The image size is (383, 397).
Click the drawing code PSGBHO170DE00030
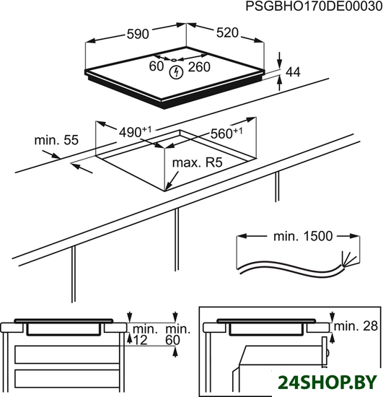coord(314,6)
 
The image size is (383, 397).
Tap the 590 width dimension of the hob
coord(138,34)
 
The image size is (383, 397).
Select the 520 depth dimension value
coord(227,32)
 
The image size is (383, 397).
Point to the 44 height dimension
coord(293,72)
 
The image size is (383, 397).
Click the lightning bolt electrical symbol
coord(176,72)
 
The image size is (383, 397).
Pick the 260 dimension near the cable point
coord(199,67)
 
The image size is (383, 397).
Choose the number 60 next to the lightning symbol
coord(157,66)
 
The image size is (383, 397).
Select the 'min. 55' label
coord(56,140)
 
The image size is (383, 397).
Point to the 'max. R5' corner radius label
coord(198,163)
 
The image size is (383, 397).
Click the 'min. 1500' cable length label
coord(303,236)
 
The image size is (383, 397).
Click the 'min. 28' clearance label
coord(356,326)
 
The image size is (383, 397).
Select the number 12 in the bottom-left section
coord(140,340)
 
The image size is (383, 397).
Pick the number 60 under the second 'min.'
coord(173,340)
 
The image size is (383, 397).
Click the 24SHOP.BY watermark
coord(327,383)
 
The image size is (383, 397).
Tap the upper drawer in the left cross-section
coord(67,354)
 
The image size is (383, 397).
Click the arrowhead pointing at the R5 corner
coord(168,186)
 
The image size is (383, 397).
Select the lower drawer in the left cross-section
coord(67,379)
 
